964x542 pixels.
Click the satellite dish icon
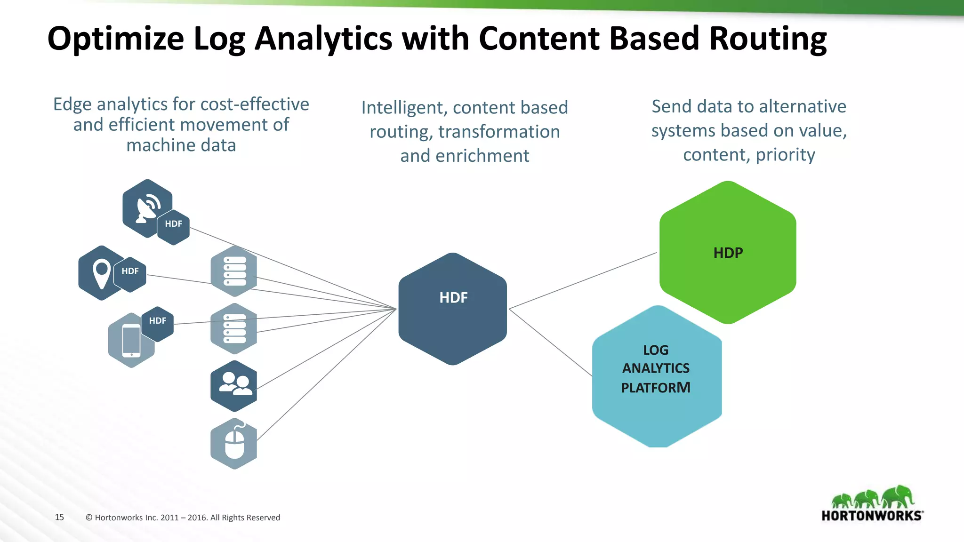point(147,207)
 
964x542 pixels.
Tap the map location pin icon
point(102,272)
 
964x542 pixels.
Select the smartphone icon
point(131,340)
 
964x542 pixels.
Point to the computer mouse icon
point(234,444)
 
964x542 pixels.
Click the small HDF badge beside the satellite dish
point(173,224)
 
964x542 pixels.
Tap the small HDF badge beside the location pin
point(130,271)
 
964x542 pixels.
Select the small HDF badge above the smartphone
point(158,321)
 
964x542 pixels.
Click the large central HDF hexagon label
point(453,298)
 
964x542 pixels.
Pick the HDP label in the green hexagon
point(728,253)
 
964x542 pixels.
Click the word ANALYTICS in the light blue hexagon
point(656,368)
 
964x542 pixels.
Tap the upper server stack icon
point(234,271)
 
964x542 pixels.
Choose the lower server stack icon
point(234,328)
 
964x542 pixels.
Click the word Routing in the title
point(768,39)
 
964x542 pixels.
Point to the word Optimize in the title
point(116,39)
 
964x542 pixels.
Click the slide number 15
point(59,517)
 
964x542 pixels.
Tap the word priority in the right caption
point(785,155)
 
